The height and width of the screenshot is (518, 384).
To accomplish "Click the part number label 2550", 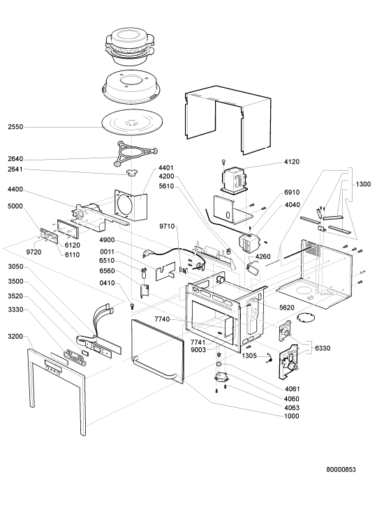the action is pyautogui.click(x=15, y=127).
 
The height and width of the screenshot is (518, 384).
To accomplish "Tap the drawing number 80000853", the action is pyautogui.click(x=341, y=469).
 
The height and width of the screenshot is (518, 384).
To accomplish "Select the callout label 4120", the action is pyautogui.click(x=292, y=162).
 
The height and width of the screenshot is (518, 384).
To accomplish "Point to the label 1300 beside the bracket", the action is pyautogui.click(x=363, y=184).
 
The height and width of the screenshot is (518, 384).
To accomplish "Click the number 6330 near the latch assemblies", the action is pyautogui.click(x=323, y=348).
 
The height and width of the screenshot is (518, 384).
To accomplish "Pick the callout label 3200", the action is pyautogui.click(x=15, y=336).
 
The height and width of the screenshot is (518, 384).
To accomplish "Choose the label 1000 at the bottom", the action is pyautogui.click(x=291, y=416).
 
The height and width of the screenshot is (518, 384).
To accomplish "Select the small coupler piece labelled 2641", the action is pyautogui.click(x=132, y=172).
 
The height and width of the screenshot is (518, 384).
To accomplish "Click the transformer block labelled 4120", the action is pyautogui.click(x=235, y=180).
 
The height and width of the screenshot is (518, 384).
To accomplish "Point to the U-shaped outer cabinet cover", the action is pyautogui.click(x=228, y=120).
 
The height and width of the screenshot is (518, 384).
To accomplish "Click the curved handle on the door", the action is pyautogui.click(x=156, y=371).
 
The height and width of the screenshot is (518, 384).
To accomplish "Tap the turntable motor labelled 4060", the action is pyautogui.click(x=221, y=376).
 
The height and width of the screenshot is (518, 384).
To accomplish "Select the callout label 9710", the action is pyautogui.click(x=167, y=227).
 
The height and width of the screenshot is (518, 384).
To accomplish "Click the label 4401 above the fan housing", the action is pyautogui.click(x=166, y=168).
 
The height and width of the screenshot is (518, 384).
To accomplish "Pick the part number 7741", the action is pyautogui.click(x=198, y=342).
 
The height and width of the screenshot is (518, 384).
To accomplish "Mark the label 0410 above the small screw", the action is pyautogui.click(x=107, y=283).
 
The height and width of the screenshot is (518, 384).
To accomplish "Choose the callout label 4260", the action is pyautogui.click(x=263, y=257).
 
